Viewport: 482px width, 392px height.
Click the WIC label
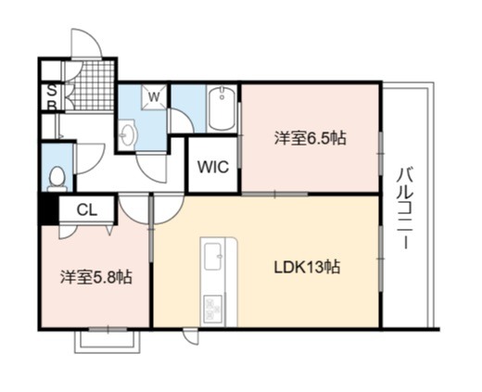point(213,167)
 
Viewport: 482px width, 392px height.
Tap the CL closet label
point(87,210)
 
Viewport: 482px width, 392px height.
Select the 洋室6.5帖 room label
point(310,138)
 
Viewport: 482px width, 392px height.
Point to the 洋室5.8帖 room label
point(96,277)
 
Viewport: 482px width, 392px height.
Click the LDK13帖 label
point(308,267)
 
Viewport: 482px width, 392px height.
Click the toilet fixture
point(57,179)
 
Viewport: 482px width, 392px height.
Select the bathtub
point(222,108)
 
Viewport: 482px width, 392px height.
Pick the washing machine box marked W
point(154,97)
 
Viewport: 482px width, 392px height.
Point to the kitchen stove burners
point(213,308)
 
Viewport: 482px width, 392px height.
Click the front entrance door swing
point(86,43)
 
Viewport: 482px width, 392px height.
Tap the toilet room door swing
point(90,158)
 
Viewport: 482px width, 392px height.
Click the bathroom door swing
point(181,120)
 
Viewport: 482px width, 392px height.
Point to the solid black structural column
point(48,209)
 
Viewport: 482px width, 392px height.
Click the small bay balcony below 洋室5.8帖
point(108,341)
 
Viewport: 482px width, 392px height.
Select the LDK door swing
point(169,209)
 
